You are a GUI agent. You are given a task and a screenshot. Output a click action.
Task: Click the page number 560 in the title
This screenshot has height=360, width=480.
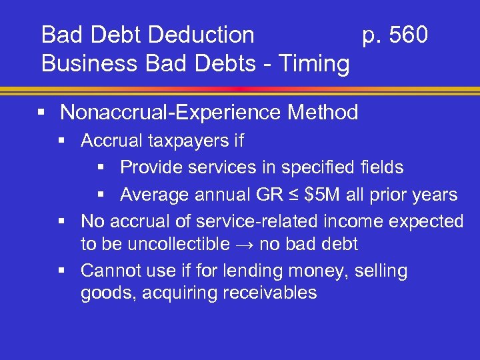click(x=409, y=35)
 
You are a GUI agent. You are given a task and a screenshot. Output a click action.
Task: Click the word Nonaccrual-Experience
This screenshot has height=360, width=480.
click(x=172, y=113)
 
